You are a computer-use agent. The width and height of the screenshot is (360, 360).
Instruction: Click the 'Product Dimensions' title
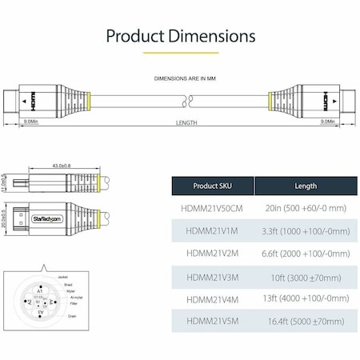point(180,36)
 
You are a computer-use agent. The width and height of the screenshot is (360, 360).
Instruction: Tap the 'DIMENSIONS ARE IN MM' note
point(180,78)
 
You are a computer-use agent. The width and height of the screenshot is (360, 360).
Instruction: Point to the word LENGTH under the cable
point(186,123)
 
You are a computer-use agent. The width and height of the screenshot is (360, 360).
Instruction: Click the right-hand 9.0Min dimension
point(327,122)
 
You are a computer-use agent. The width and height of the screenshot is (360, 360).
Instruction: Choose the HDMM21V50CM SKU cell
point(213,208)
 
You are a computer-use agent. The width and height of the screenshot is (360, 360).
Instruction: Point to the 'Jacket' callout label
point(62,276)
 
